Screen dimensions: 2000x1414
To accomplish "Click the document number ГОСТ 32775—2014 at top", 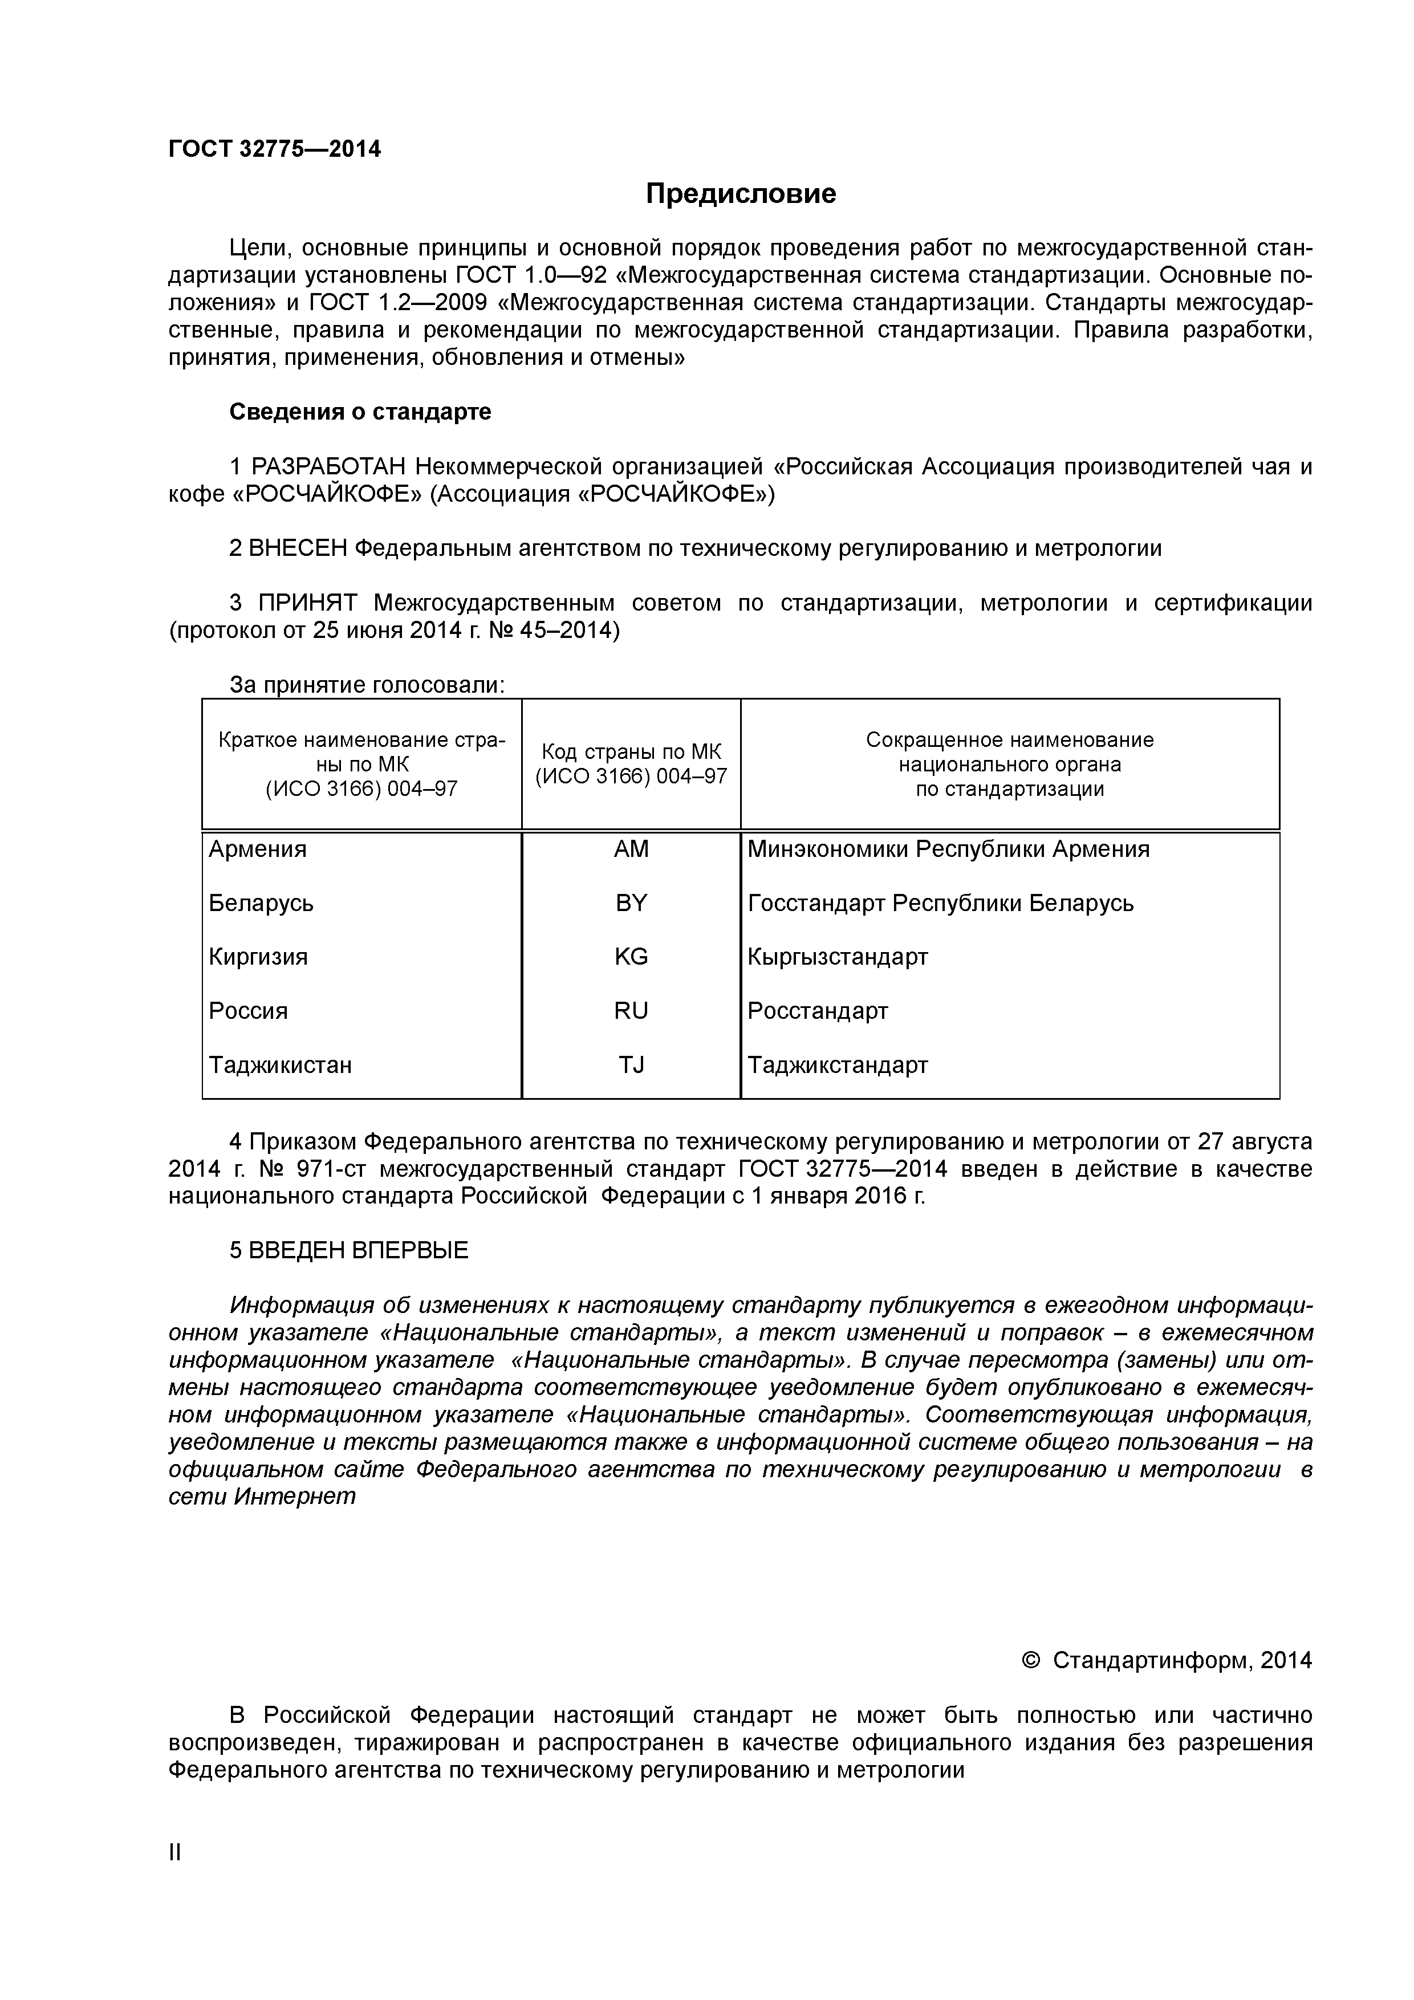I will pos(274,149).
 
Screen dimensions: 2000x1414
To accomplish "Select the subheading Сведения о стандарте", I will pos(360,412).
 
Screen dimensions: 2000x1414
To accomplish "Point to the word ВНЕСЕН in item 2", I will pos(298,548).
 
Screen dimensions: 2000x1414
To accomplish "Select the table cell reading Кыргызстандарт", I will pos(837,957).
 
